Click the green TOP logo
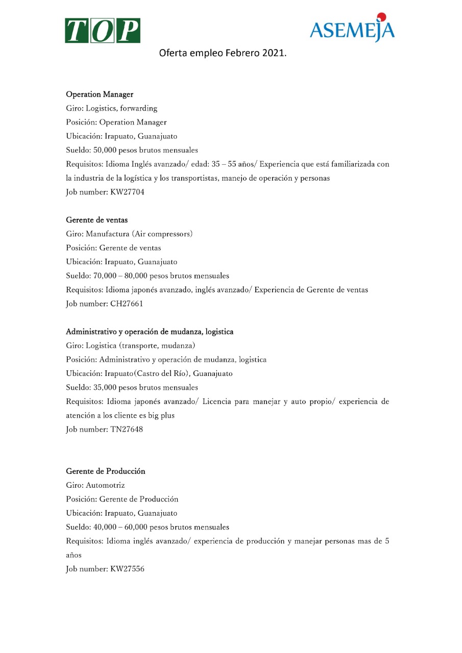click(x=103, y=30)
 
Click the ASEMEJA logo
click(x=352, y=29)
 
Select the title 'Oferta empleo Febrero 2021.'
click(x=223, y=53)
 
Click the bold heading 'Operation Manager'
click(x=100, y=94)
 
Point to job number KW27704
click(x=128, y=192)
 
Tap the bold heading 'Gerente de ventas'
click(x=97, y=220)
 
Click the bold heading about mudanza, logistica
click(x=150, y=332)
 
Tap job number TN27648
click(x=127, y=429)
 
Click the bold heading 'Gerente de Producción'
click(x=106, y=471)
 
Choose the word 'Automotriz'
click(x=105, y=485)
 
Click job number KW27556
click(x=127, y=569)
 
